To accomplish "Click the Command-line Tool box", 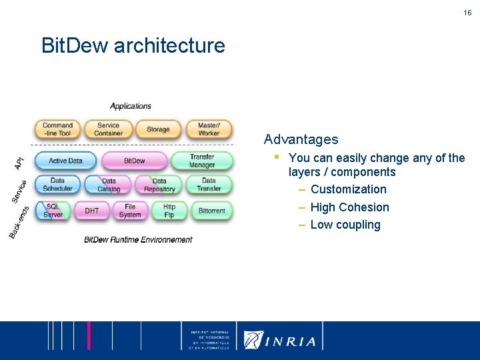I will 57,129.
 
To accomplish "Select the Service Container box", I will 108,129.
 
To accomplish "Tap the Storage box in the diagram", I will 158,129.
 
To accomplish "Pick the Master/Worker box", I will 209,129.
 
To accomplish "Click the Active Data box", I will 65,161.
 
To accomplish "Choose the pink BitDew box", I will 134,161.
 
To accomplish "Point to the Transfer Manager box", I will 202,161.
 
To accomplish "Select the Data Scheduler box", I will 57,185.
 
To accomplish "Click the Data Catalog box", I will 109,185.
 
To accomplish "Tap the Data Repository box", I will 159,185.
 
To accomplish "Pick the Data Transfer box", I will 209,185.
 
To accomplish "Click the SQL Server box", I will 53,211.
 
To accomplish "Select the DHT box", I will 92,211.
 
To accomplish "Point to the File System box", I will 130,211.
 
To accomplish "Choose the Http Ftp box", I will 169,211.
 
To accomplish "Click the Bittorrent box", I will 212,211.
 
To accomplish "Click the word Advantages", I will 301,139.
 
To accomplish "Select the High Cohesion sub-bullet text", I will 349,207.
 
